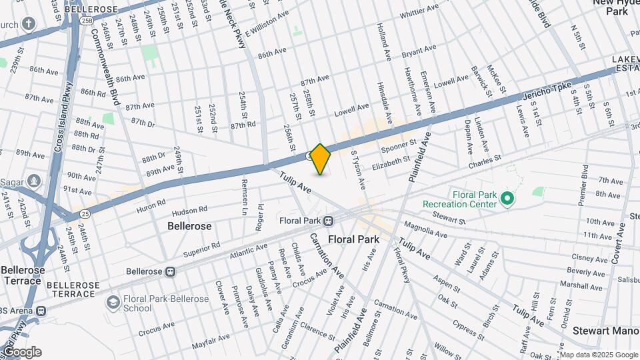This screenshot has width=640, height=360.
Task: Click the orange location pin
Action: click(x=321, y=159)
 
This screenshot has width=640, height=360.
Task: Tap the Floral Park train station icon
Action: click(x=329, y=221)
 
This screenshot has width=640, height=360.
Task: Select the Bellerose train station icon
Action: click(x=171, y=272)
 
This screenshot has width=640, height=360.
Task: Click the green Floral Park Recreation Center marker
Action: click(x=507, y=198)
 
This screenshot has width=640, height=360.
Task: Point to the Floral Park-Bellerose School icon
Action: click(x=113, y=303)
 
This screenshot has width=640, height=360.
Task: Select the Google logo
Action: click(x=22, y=351)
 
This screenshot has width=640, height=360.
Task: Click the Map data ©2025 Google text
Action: click(x=598, y=354)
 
